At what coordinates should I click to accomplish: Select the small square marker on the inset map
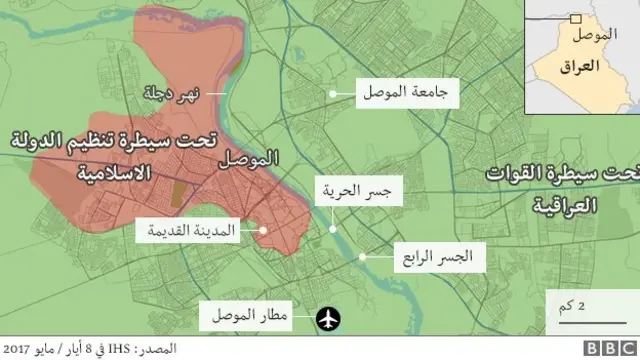click(575, 18)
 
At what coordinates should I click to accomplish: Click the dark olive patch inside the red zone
click(177, 193)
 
